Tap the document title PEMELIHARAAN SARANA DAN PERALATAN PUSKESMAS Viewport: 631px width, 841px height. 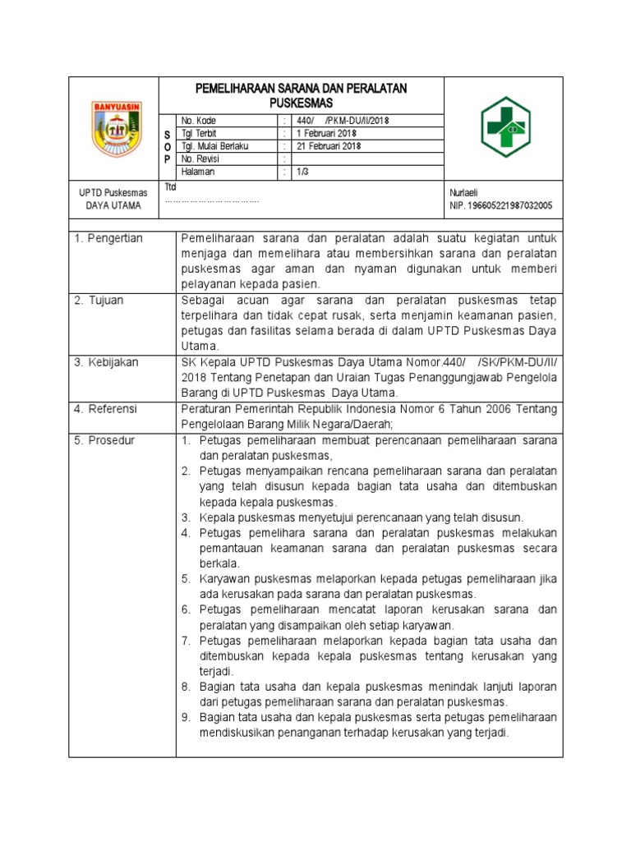[300, 95]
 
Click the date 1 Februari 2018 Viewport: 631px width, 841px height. [326, 133]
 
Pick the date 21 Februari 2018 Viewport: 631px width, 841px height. [329, 146]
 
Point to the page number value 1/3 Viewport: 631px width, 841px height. [303, 172]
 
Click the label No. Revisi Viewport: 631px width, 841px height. [203, 159]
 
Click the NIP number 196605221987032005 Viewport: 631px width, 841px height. [500, 205]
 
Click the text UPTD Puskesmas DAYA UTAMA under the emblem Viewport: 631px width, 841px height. [113, 199]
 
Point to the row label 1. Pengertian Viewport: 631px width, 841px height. [108, 238]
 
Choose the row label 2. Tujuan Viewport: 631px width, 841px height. [99, 301]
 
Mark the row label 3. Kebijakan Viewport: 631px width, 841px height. [106, 362]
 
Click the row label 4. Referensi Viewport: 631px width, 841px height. [105, 408]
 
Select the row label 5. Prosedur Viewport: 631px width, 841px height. [104, 440]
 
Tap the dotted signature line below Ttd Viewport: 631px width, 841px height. [212, 200]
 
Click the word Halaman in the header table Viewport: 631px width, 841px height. [198, 172]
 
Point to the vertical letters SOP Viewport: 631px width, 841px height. [168, 145]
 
